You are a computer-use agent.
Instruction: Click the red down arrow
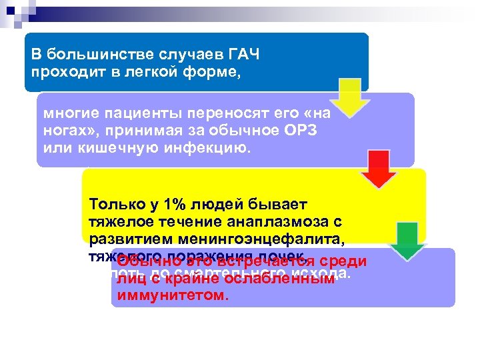pyautogui.click(x=378, y=170)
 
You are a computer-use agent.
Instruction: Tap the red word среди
pyautogui.click(x=344, y=262)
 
